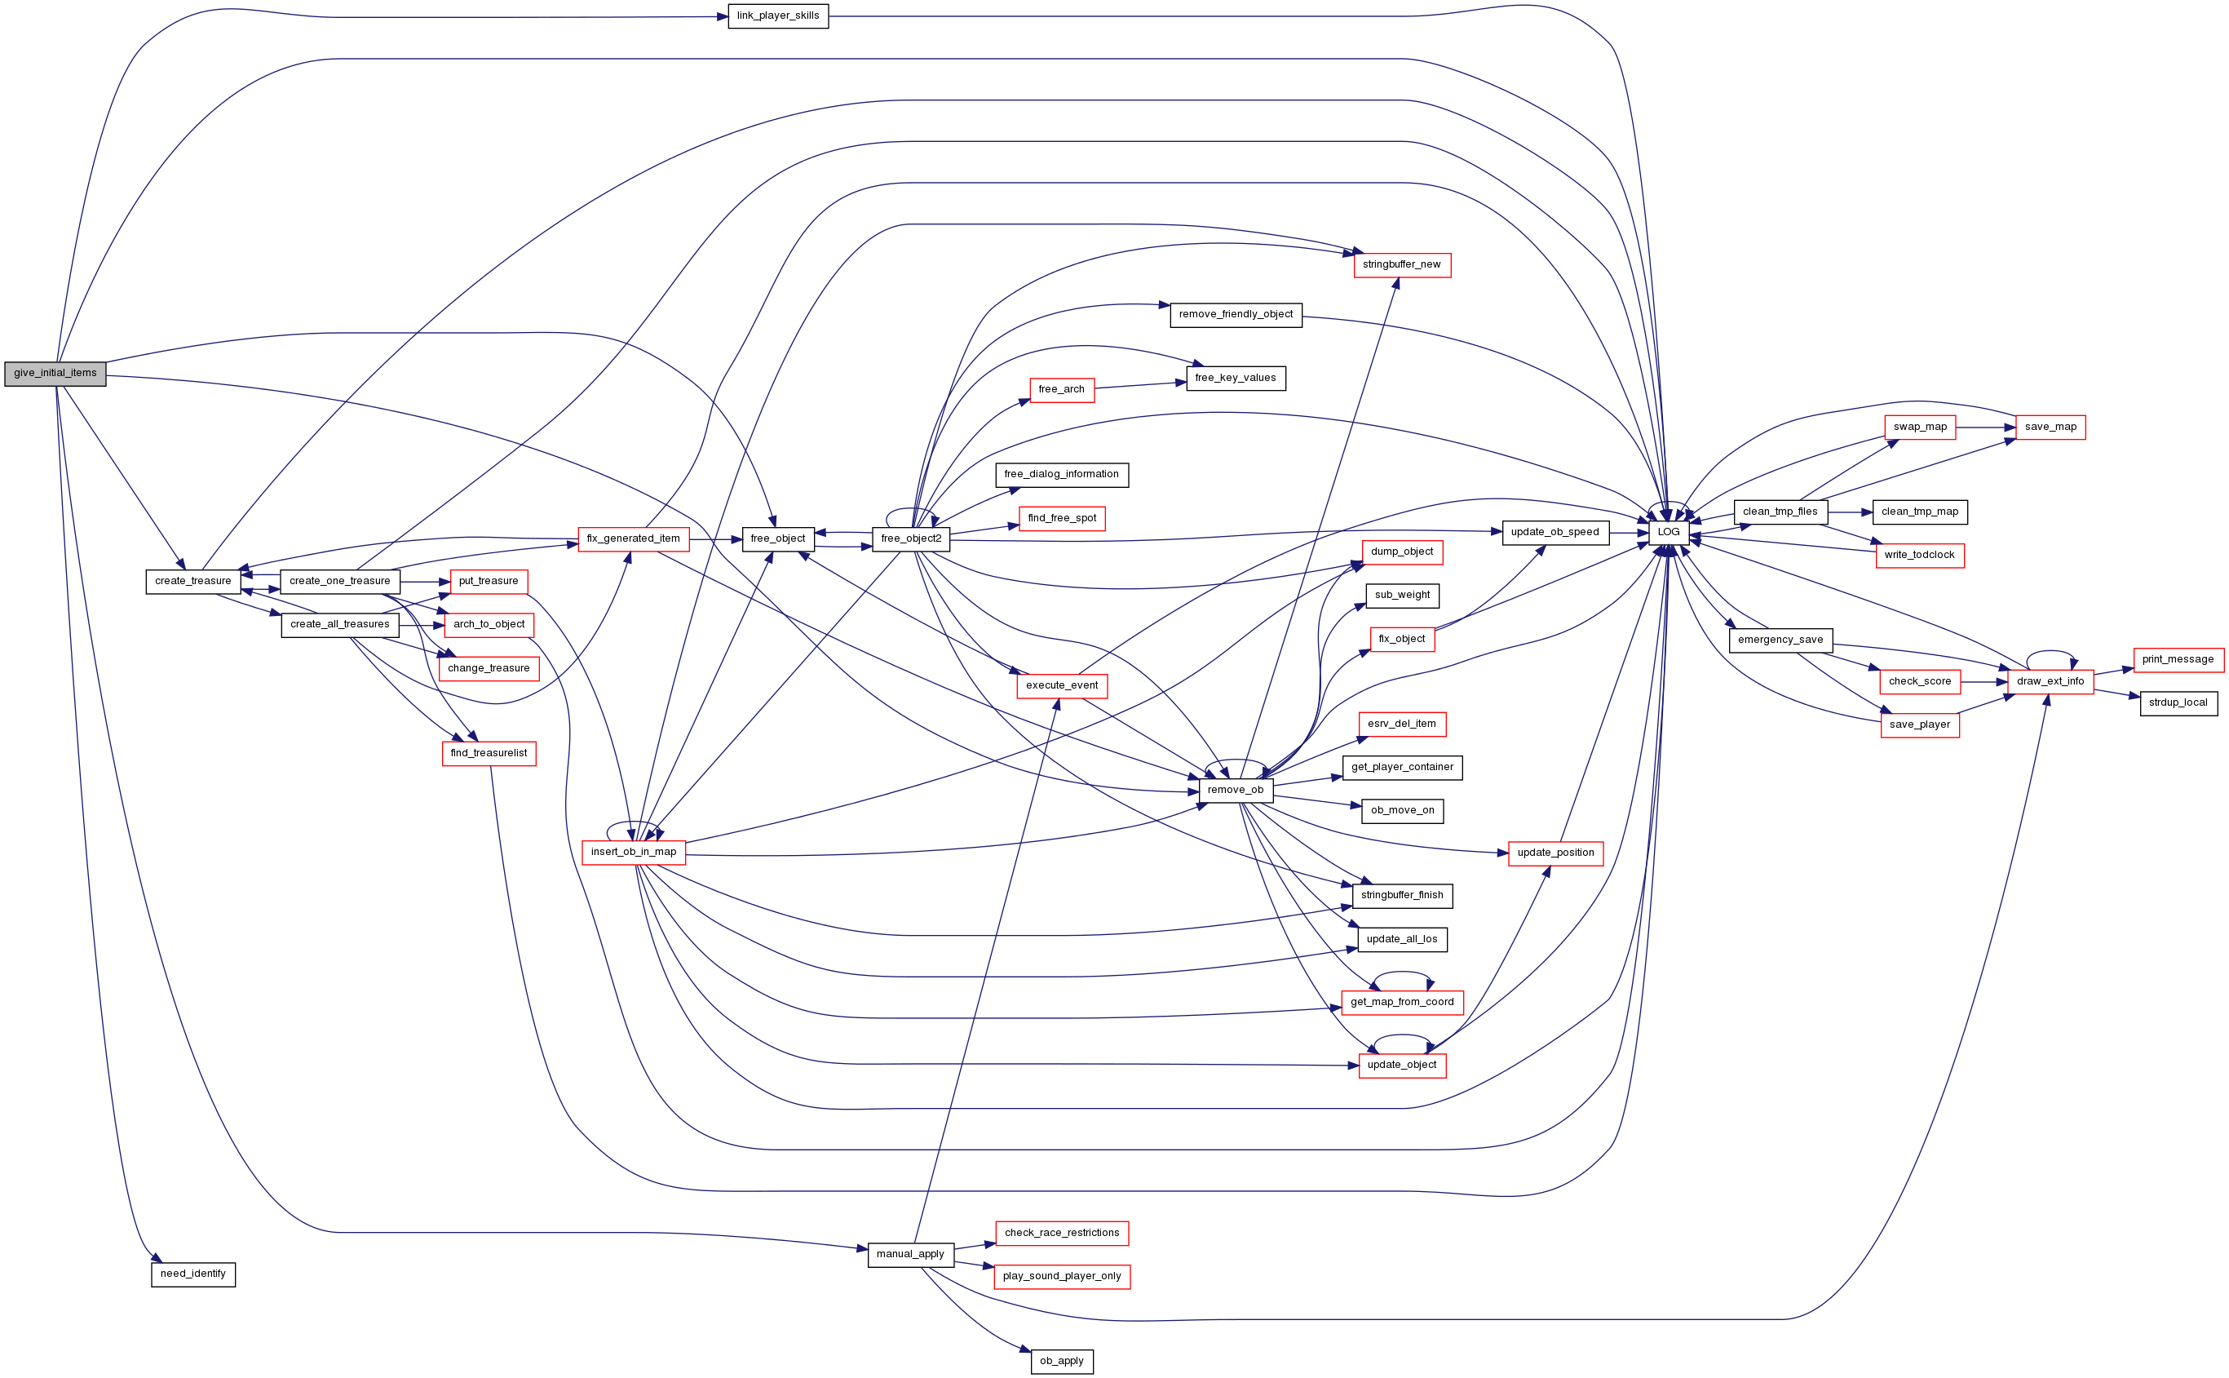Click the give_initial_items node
coord(55,374)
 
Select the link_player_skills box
coord(778,16)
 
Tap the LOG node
coord(1669,532)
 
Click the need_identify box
coord(193,1274)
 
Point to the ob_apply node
coord(1062,1362)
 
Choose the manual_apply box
coord(911,1255)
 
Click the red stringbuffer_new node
coord(1402,265)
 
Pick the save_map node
coord(2050,428)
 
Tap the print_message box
coord(2178,660)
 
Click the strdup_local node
coord(2178,703)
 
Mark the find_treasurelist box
coord(489,754)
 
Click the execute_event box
coord(1062,686)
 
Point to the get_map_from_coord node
coord(1403,1003)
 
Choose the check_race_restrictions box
coord(1062,1233)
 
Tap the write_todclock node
coord(1920,556)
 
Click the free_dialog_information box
coord(1062,475)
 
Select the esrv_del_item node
coord(1402,724)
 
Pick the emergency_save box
coord(1780,640)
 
